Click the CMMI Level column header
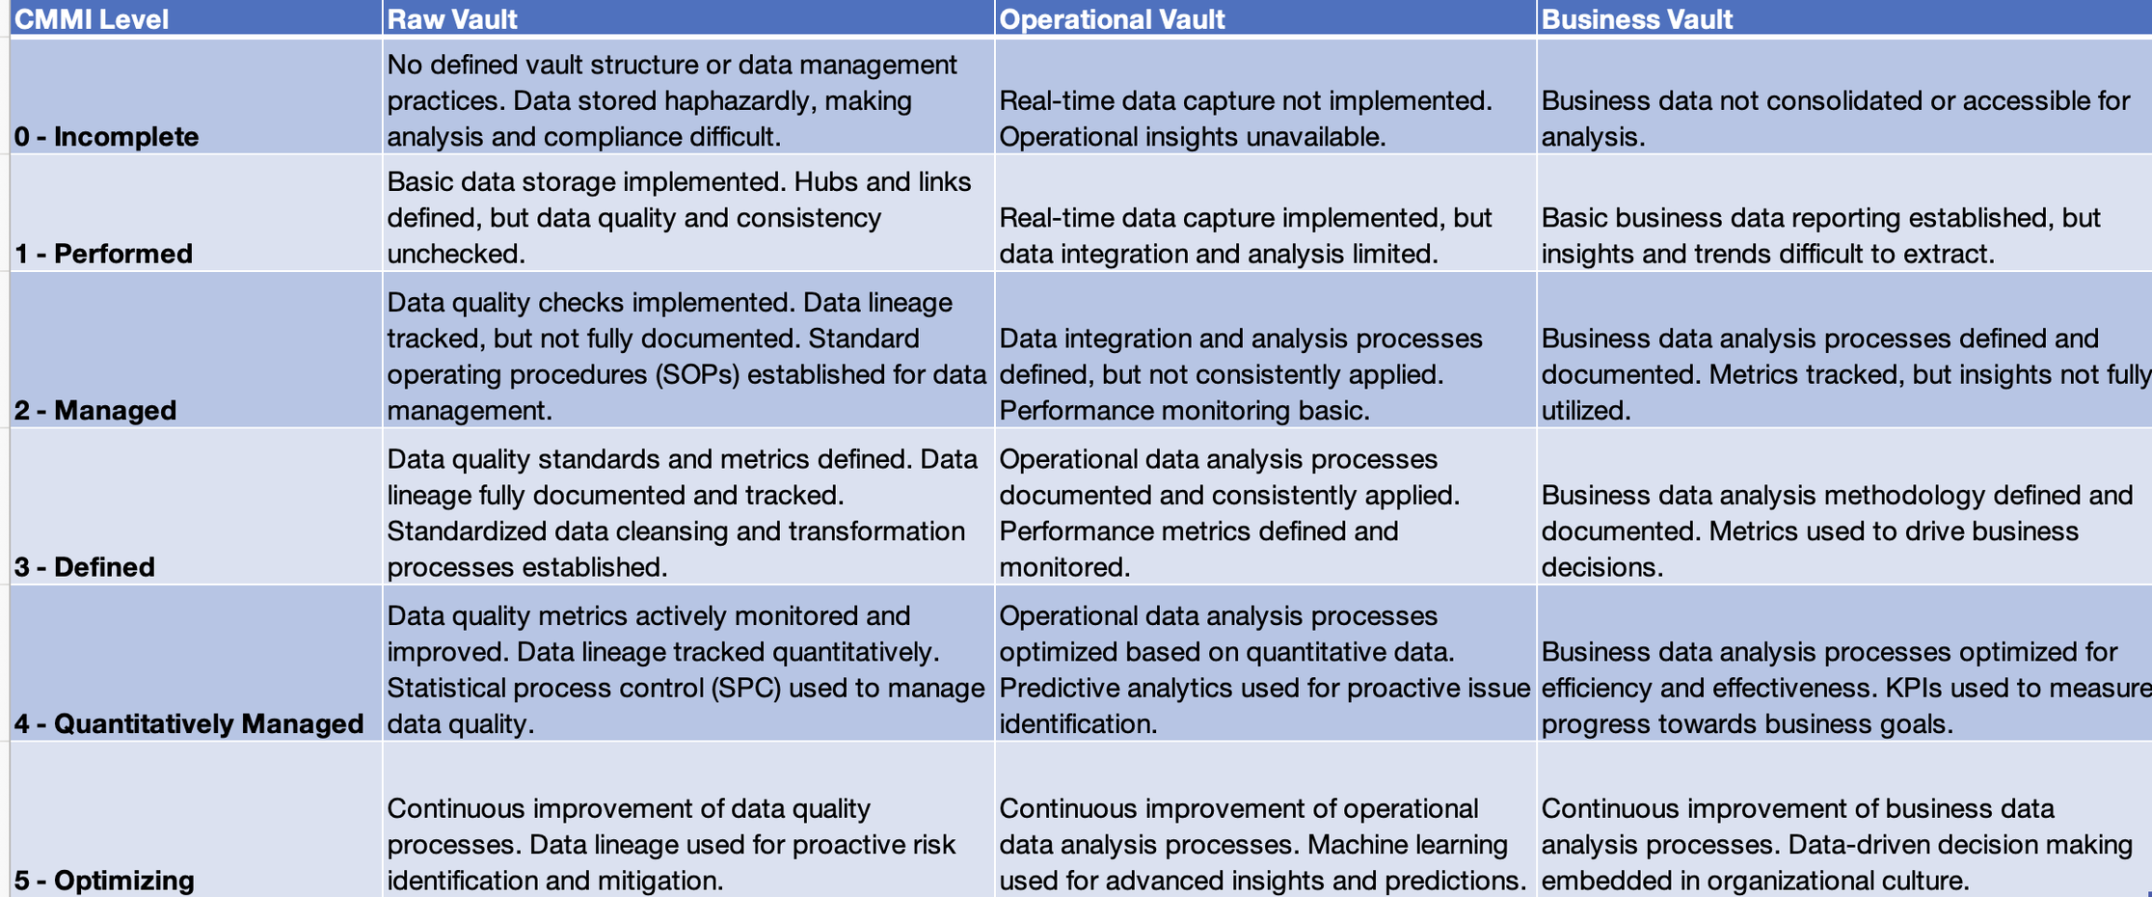click(x=92, y=19)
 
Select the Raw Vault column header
click(x=452, y=19)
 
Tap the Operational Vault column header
click(x=1112, y=19)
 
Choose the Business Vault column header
click(x=1636, y=19)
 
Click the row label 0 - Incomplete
click(x=106, y=137)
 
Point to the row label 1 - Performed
click(x=103, y=254)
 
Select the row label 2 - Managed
click(x=95, y=411)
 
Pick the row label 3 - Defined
click(x=85, y=567)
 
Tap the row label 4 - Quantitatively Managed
click(x=189, y=724)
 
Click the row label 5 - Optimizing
click(x=104, y=881)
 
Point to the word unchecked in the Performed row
click(x=456, y=254)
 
